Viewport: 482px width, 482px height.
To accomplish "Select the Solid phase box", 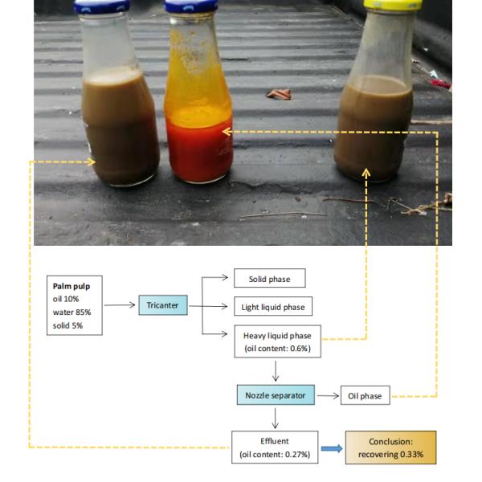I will click(269, 280).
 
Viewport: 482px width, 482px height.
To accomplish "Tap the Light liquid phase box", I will click(272, 306).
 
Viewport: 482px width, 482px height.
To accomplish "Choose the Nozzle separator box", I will click(276, 395).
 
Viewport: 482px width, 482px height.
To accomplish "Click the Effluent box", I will click(276, 447).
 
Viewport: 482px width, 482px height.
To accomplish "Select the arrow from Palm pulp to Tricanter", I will click(119, 305).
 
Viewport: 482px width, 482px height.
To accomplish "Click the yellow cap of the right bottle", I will click(388, 4).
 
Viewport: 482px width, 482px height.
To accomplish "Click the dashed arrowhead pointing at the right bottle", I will click(367, 171).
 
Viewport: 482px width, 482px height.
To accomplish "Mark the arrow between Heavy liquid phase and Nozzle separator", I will click(276, 371).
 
